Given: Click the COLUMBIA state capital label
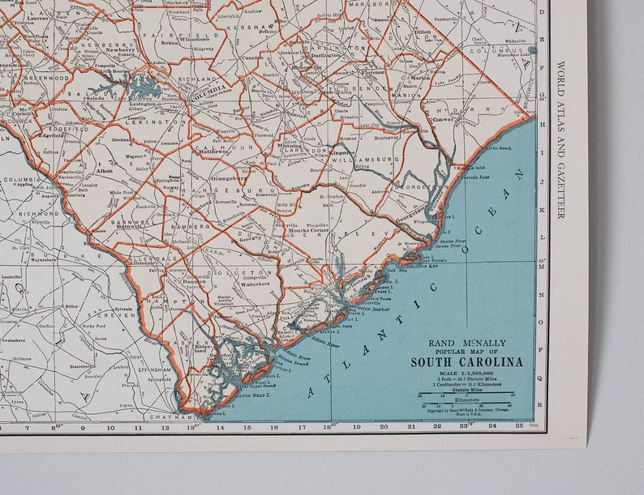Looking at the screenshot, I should point(207,92).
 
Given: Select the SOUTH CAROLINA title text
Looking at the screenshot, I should point(466,361).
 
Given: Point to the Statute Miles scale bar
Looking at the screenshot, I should point(466,395).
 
